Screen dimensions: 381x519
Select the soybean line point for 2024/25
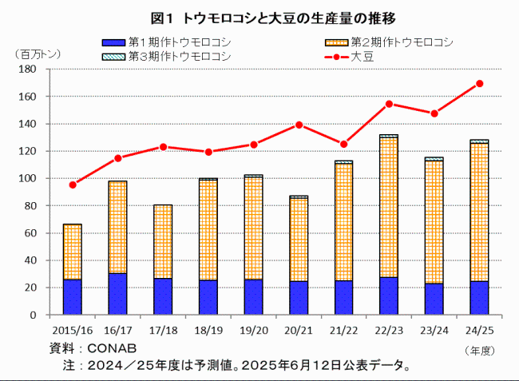click(x=479, y=83)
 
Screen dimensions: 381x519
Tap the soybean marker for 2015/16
click(x=73, y=185)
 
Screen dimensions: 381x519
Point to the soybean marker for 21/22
click(x=343, y=145)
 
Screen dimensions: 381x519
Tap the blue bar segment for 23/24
click(x=434, y=299)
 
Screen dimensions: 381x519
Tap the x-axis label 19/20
click(x=253, y=329)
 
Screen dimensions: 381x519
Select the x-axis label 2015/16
click(x=72, y=329)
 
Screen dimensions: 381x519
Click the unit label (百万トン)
click(x=37, y=54)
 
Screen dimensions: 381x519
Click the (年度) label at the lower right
click(x=481, y=349)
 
